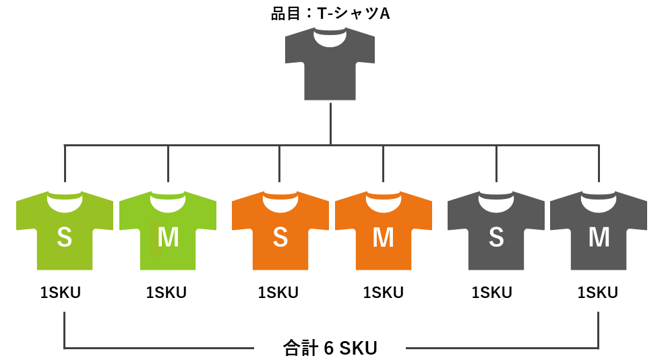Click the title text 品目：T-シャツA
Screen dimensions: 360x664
click(330, 13)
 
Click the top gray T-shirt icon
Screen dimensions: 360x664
click(330, 71)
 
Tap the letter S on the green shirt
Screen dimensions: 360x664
click(64, 237)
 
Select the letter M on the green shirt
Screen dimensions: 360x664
click(168, 237)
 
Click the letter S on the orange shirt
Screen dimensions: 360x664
click(280, 237)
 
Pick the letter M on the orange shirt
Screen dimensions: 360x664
click(383, 237)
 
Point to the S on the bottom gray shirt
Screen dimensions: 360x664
click(496, 237)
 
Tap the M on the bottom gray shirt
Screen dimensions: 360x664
click(599, 237)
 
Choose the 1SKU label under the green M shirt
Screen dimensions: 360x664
click(167, 293)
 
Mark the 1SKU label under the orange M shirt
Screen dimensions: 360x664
click(383, 293)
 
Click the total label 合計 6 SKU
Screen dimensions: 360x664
click(330, 348)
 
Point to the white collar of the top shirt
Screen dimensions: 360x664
click(330, 40)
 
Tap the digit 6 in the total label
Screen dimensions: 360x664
click(328, 349)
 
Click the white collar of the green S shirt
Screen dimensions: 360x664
click(64, 200)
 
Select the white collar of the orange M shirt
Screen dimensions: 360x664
click(383, 200)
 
